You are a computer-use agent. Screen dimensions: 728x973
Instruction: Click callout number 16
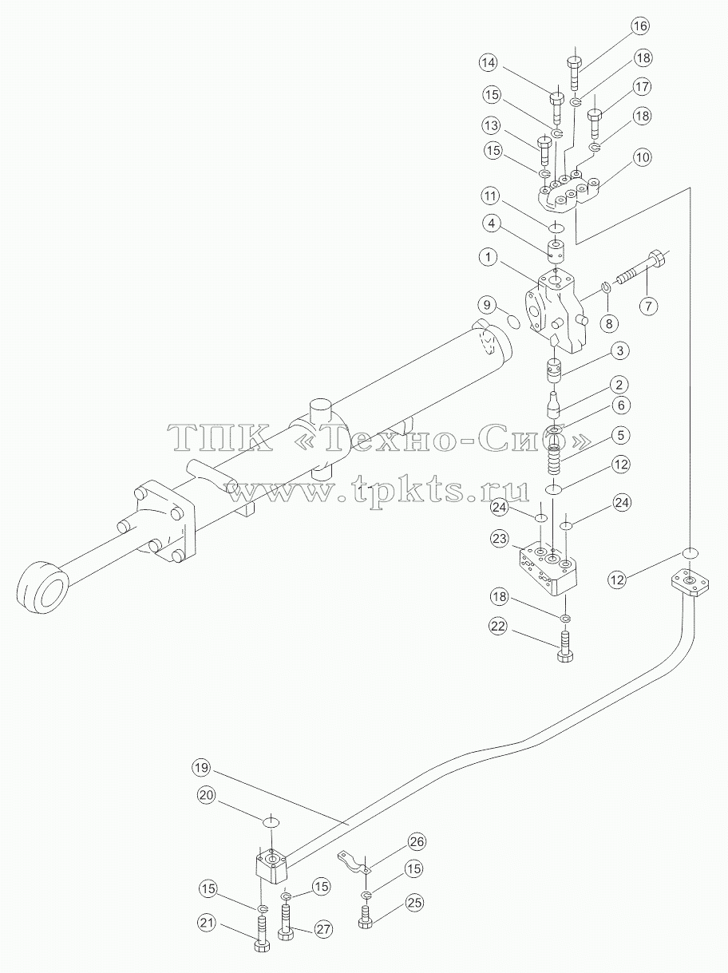[x=640, y=26]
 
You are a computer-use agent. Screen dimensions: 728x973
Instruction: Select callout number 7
[x=648, y=306]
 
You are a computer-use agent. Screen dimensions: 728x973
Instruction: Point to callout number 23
[x=500, y=539]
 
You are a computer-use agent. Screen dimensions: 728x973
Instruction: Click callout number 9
[x=488, y=305]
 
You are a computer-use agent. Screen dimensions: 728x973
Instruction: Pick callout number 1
[x=489, y=257]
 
